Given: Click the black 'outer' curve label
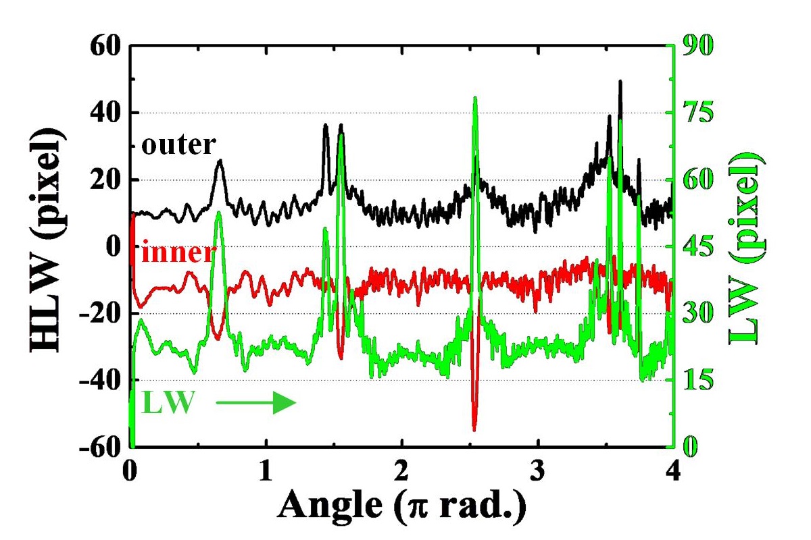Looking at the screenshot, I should click(178, 144).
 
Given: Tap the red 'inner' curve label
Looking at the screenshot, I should click(178, 254).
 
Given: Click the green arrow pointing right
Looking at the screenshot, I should click(256, 404).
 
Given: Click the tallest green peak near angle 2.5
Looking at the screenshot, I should click(475, 98).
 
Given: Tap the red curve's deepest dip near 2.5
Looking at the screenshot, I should click(474, 429).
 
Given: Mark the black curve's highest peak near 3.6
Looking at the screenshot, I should click(620, 82).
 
